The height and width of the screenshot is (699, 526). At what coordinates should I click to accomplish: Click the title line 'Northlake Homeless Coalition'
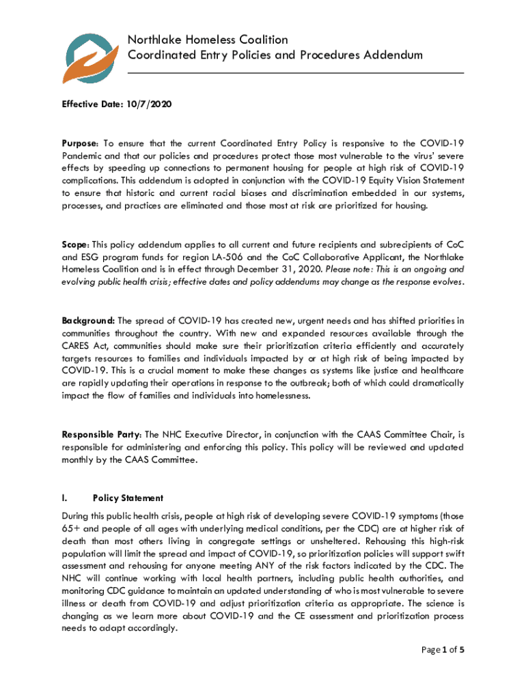tap(208, 40)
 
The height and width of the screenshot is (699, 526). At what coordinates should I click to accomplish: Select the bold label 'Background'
tap(88, 320)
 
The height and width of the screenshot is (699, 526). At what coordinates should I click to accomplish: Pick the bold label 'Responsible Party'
tap(102, 434)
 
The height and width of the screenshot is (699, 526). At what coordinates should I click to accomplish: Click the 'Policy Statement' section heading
tap(128, 498)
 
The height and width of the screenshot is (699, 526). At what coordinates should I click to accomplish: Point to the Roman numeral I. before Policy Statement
tap(65, 498)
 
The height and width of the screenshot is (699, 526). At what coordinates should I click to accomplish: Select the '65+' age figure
tap(72, 529)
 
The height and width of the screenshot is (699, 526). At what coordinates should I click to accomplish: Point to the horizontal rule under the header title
tap(295, 72)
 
